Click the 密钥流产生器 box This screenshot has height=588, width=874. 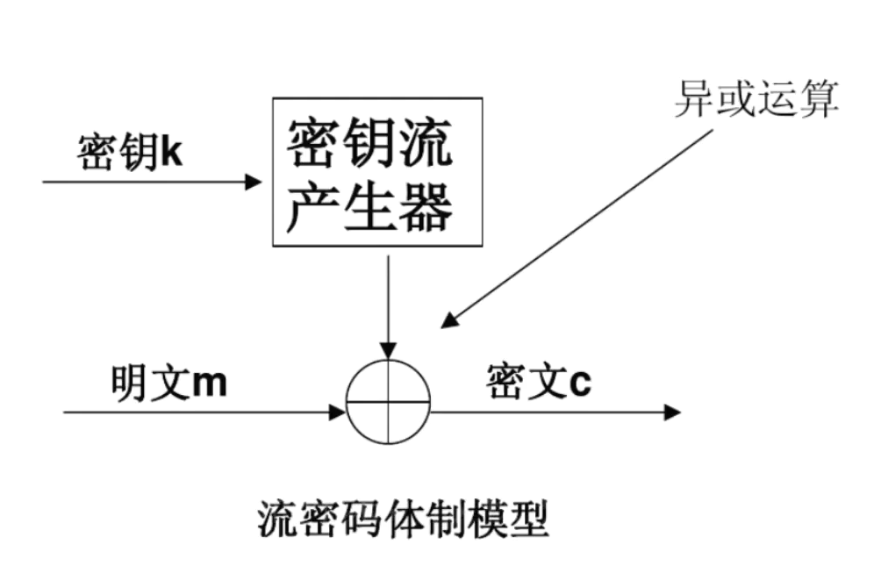tap(376, 171)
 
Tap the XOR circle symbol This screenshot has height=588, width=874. tap(388, 403)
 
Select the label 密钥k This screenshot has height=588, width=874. tap(129, 152)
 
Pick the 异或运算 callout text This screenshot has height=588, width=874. tap(756, 98)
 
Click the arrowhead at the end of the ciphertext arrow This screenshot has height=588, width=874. tap(672, 412)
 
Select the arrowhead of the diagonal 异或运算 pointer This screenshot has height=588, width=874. tap(448, 321)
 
